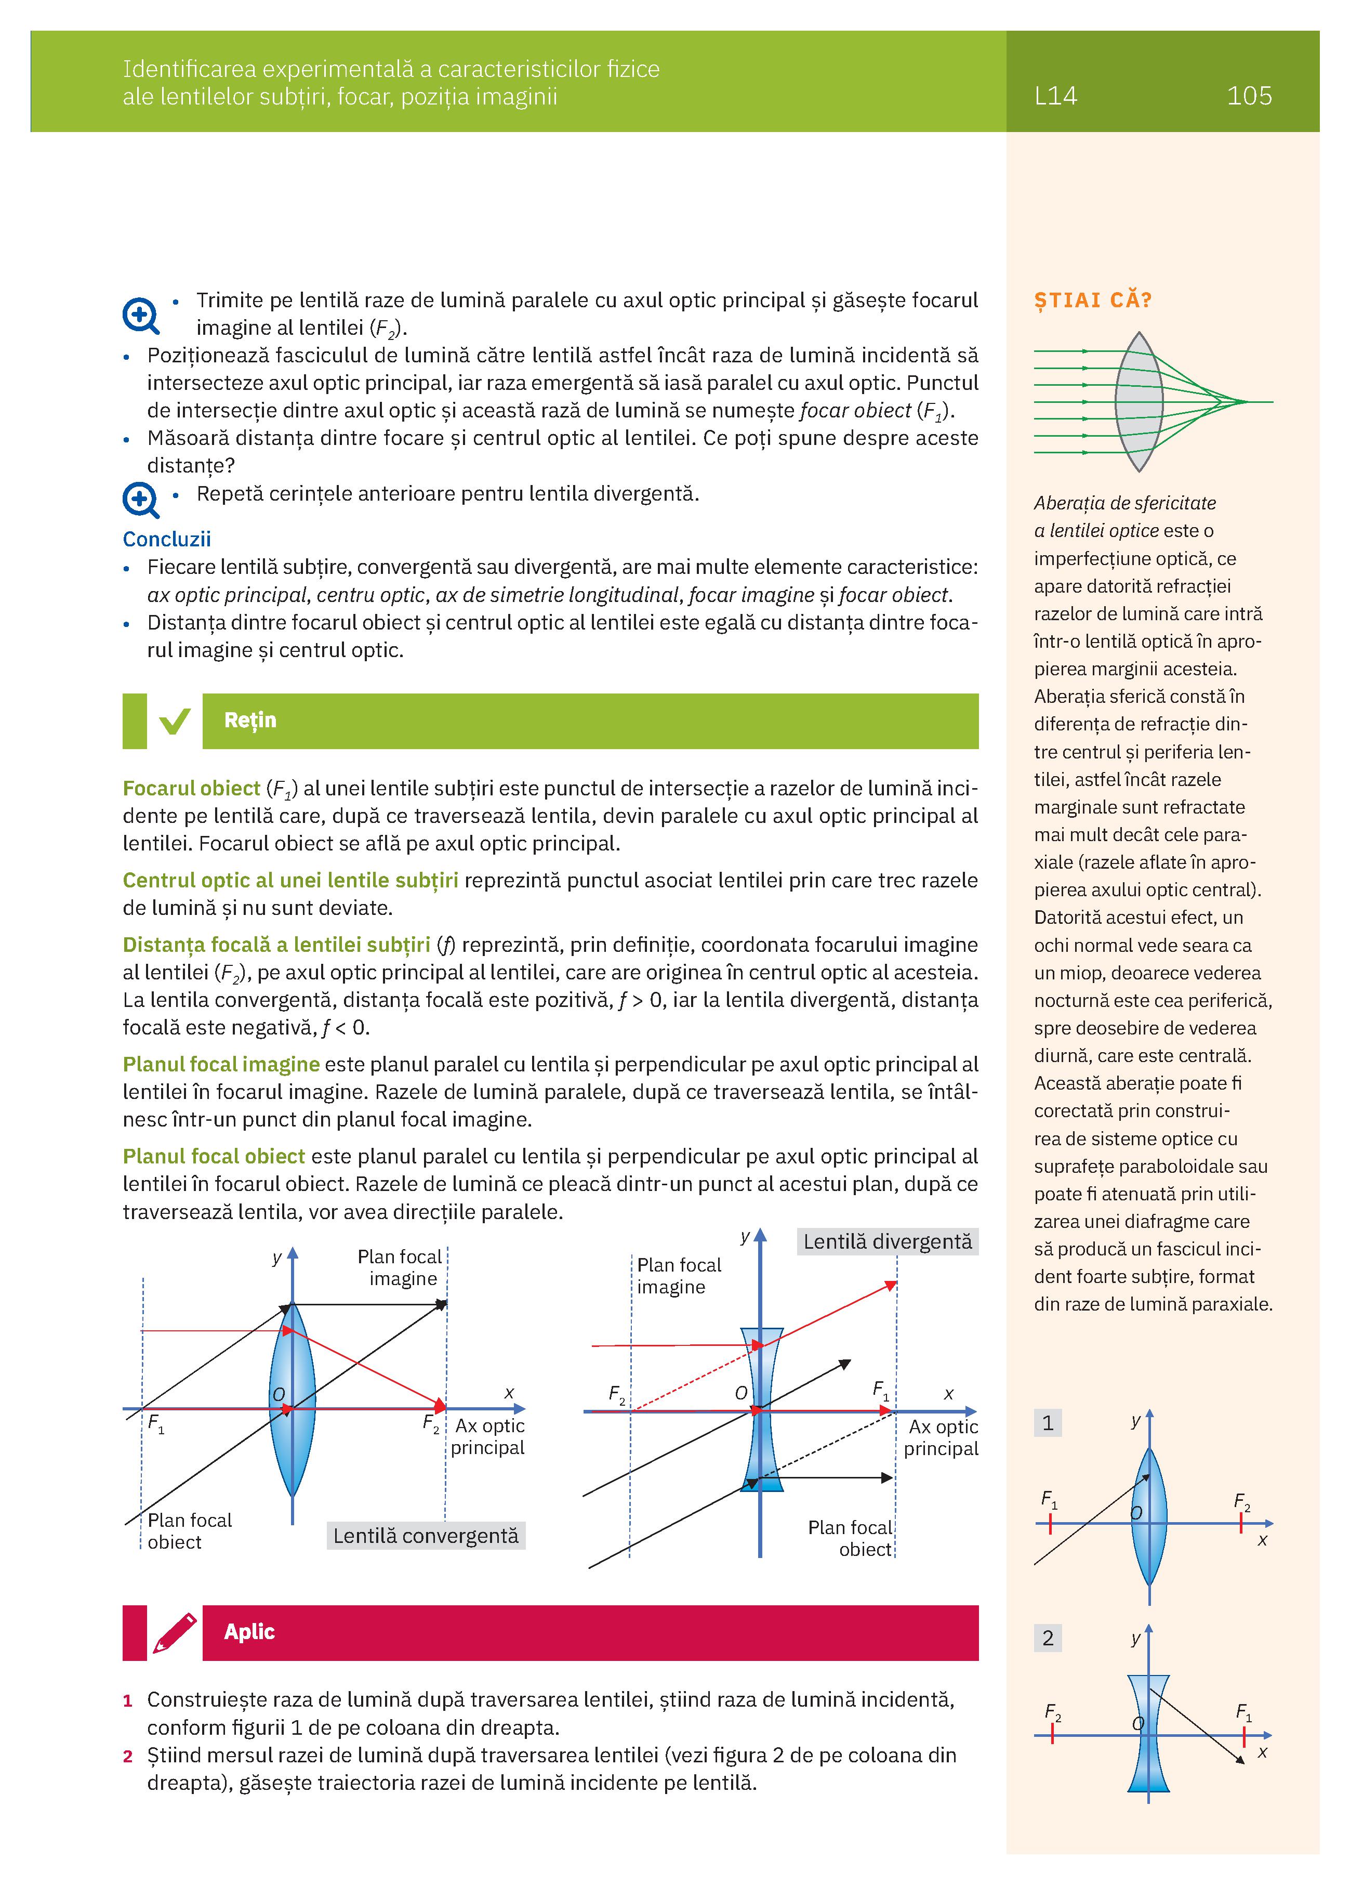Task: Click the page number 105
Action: pyautogui.click(x=1249, y=96)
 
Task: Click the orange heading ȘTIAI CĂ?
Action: pyautogui.click(x=1092, y=300)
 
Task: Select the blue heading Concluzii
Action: pyautogui.click(x=167, y=540)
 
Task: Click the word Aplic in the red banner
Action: pyautogui.click(x=249, y=1631)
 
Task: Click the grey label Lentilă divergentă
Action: pyautogui.click(x=887, y=1242)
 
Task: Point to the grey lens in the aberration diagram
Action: pyautogui.click(x=1137, y=401)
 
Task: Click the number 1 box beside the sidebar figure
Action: pyautogui.click(x=1048, y=1423)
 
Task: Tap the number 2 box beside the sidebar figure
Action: pyautogui.click(x=1048, y=1638)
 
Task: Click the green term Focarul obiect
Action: pyautogui.click(x=192, y=788)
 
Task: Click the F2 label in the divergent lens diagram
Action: pyautogui.click(x=616, y=1394)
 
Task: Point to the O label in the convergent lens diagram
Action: pyautogui.click(x=279, y=1394)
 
